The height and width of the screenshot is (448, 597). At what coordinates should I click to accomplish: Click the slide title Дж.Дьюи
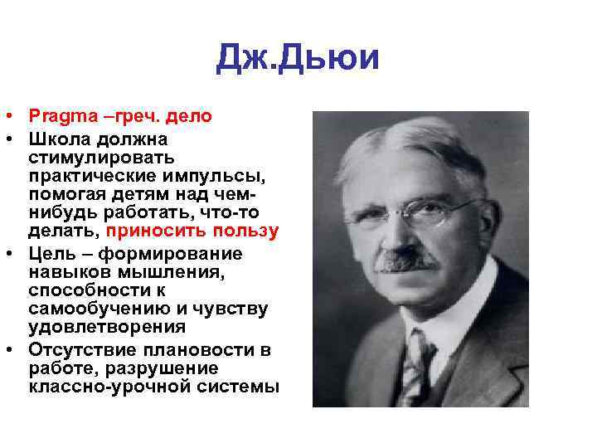pyautogui.click(x=298, y=58)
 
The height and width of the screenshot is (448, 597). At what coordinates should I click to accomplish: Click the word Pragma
pyautogui.click(x=60, y=117)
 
